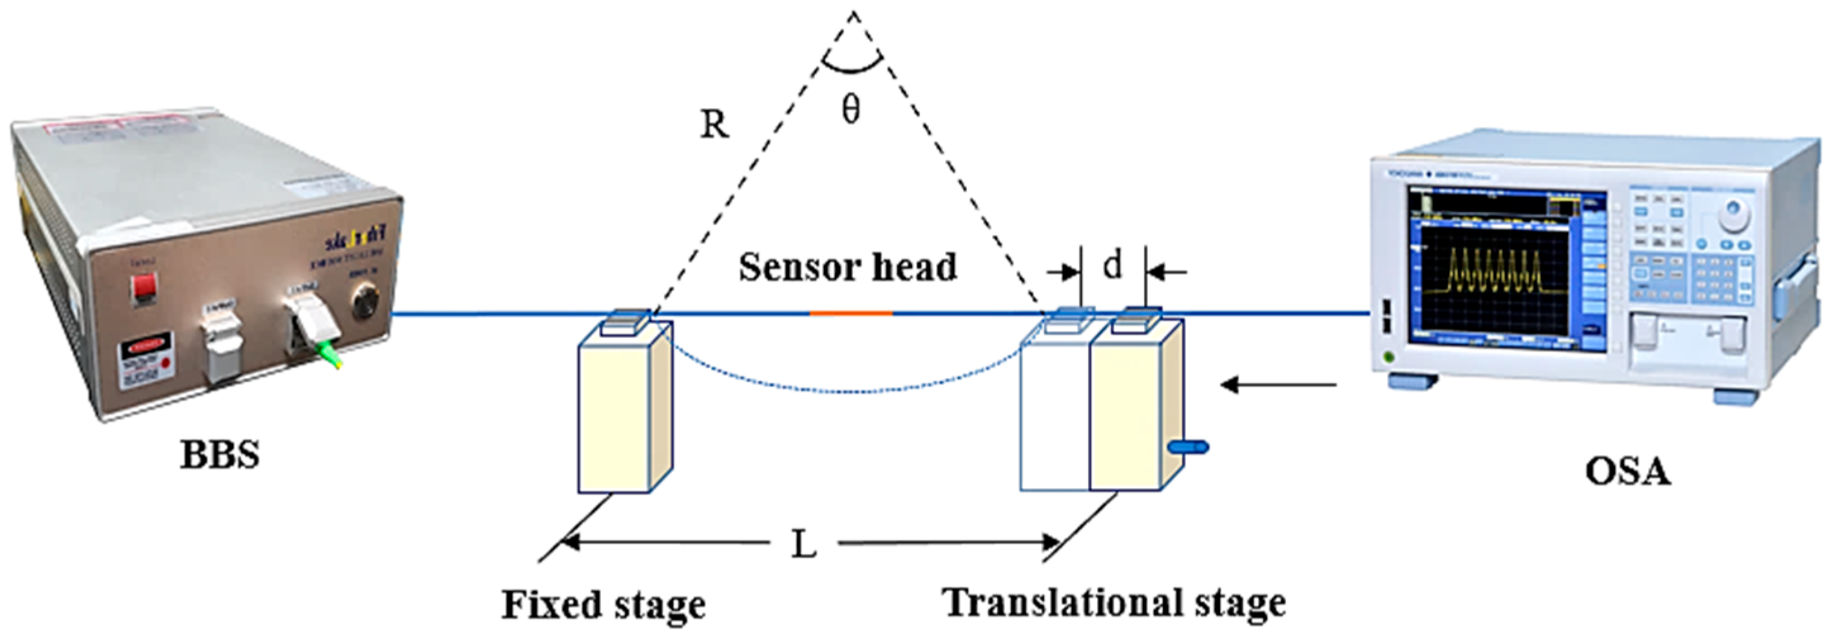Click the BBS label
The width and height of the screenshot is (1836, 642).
coord(220,455)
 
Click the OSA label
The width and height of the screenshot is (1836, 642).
coord(1627,472)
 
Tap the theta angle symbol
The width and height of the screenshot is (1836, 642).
coord(851,110)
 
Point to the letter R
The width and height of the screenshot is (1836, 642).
coord(714,125)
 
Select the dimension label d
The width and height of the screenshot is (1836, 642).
coord(1112,265)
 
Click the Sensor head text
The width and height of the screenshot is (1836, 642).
coord(848,268)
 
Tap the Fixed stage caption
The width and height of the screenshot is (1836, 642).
coord(604,605)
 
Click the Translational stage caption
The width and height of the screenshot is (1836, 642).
coord(1115,603)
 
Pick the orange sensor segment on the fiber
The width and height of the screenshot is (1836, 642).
coord(850,313)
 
